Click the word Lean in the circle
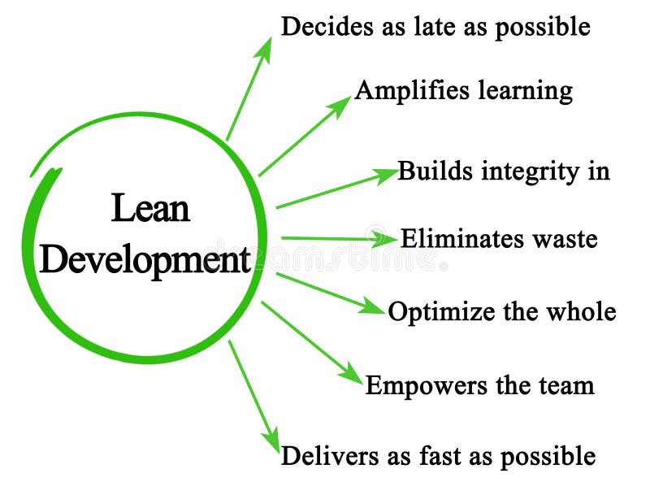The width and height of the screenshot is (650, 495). click(x=150, y=209)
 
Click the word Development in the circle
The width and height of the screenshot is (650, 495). click(x=145, y=260)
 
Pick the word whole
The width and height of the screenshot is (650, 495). click(x=580, y=311)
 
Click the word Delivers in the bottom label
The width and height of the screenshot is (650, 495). click(x=318, y=455)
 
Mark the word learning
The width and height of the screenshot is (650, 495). click(x=524, y=90)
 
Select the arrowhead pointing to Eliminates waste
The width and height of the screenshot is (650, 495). click(x=385, y=239)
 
